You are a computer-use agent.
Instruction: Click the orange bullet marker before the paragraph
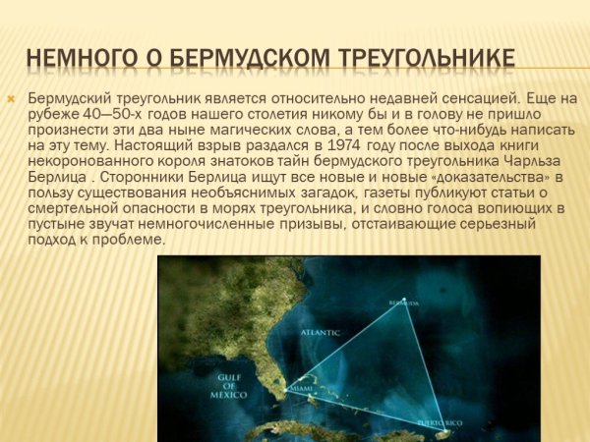point(11,99)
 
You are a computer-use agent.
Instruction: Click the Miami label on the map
point(301,386)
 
